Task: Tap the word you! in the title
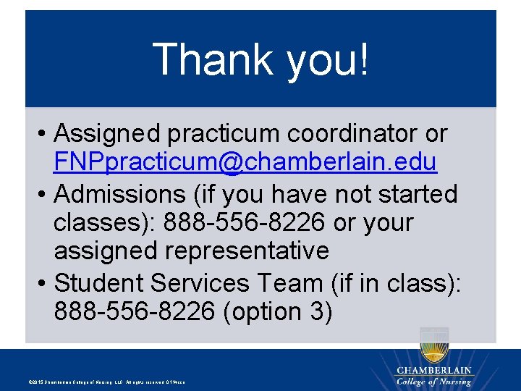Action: [x=328, y=59]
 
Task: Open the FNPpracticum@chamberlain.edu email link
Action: [x=245, y=162]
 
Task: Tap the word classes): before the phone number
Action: [x=104, y=223]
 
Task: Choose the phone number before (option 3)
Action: [x=134, y=311]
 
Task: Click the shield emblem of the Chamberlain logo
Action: [x=434, y=345]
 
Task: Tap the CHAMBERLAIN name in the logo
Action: [x=433, y=371]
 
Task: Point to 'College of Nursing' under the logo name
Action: [x=433, y=382]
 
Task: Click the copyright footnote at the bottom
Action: [x=106, y=382]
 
